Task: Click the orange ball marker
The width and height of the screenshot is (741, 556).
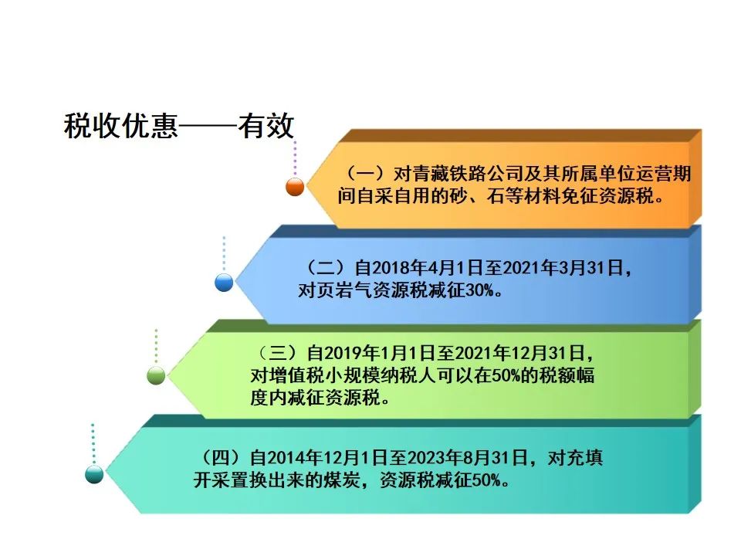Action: [295, 187]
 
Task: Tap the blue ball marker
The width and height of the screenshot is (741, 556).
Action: [224, 283]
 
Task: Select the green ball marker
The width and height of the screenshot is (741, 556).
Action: [156, 376]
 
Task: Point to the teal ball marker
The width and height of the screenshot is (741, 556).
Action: [94, 473]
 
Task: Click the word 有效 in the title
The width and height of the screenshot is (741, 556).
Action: [266, 126]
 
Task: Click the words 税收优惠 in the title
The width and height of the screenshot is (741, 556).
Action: [121, 126]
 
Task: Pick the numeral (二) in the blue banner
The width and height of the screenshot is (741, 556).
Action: [327, 268]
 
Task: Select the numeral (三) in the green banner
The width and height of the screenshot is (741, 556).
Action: [279, 353]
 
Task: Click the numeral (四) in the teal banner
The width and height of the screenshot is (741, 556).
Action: [222, 458]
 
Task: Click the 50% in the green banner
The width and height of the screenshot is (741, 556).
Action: [506, 376]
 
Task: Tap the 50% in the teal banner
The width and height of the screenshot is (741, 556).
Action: [487, 481]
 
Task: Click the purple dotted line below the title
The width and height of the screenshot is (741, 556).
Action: [295, 158]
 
